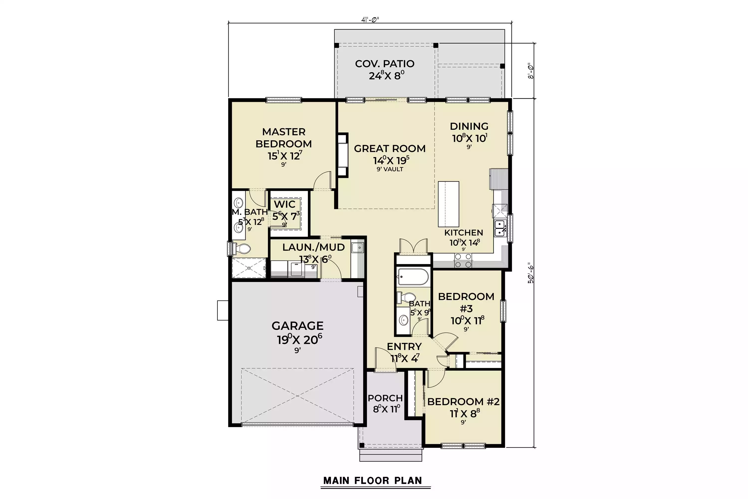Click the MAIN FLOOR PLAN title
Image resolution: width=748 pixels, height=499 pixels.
point(373,480)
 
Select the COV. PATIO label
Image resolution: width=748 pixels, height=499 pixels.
point(385,64)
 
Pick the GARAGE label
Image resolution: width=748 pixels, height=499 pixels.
point(297,326)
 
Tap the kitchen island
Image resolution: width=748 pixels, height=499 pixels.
point(448,204)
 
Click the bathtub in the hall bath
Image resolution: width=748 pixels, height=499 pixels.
point(413,277)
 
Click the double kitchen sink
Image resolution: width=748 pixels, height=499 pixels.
point(500,228)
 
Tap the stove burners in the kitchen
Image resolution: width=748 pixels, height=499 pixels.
point(463,260)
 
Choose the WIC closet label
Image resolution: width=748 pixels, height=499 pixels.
point(285,204)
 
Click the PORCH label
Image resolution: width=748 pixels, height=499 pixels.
point(385,398)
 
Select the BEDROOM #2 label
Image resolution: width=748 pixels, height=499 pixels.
point(463,402)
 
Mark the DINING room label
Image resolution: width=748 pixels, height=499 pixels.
point(469,126)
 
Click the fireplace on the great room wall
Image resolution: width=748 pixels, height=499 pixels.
point(343,155)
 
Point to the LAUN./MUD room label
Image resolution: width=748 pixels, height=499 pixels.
point(314,247)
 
